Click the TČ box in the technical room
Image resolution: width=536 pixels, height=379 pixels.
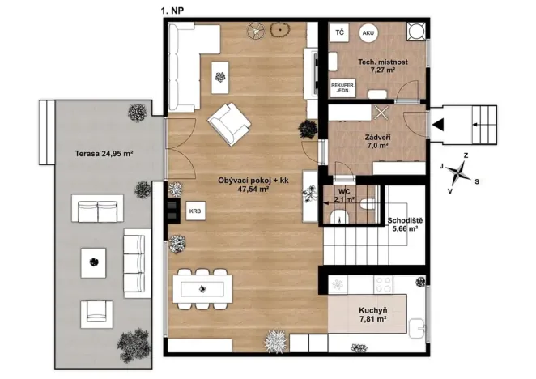pos(339,33)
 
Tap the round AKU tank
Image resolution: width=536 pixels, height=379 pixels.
pos(368,33)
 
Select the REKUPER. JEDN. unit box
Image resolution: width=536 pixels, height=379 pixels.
pos(342,88)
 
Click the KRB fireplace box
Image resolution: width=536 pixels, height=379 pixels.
pos(195,211)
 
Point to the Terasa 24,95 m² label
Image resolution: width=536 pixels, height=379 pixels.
pos(104,154)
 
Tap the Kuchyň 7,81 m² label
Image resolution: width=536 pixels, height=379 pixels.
pos(373,315)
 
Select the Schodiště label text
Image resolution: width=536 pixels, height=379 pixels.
pos(405,220)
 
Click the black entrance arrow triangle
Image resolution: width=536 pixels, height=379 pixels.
pos(438,125)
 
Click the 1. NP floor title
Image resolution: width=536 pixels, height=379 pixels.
pos(172,11)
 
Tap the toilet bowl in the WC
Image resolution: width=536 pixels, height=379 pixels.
pos(368,204)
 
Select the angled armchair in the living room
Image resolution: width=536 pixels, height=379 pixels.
pos(229,124)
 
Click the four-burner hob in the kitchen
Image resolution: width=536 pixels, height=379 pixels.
pos(383,284)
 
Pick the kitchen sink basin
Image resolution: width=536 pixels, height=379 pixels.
pos(417,328)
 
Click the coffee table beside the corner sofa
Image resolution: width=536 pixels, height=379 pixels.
pos(220,77)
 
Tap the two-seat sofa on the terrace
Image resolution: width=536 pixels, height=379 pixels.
pos(97,208)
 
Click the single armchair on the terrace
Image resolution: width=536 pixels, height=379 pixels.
pos(96,314)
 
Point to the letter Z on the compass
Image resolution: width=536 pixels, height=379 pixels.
pos(466,155)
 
